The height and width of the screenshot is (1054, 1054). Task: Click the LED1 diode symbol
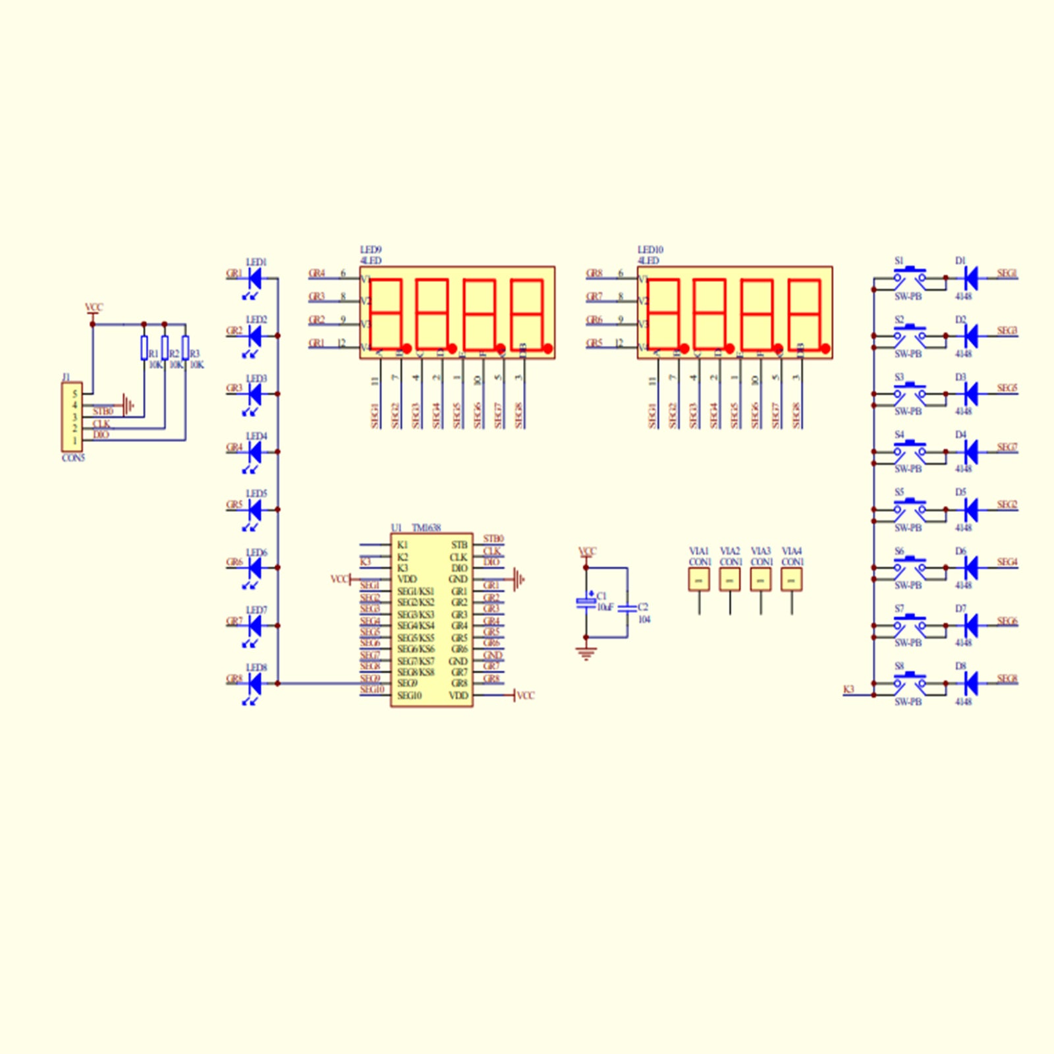(x=254, y=279)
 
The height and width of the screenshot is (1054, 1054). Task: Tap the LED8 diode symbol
(x=254, y=684)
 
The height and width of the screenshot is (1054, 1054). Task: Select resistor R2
(x=165, y=347)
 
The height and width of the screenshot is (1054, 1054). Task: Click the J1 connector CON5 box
(x=72, y=417)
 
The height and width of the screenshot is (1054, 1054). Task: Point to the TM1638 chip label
(x=426, y=528)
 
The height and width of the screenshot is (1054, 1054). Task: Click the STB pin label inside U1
(x=459, y=545)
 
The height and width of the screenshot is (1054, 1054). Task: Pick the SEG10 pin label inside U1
(x=409, y=696)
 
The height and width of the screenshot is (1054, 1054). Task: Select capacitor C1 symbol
(x=586, y=602)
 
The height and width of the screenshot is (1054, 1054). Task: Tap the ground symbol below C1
(x=586, y=653)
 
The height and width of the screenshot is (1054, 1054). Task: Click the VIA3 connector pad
(x=761, y=579)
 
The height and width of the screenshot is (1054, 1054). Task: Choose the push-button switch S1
(x=910, y=277)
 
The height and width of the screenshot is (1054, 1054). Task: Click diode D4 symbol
(x=970, y=452)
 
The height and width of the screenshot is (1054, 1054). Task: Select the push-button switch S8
(x=910, y=682)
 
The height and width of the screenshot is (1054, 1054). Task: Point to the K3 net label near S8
(x=848, y=689)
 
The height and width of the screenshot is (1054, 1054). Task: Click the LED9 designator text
(x=371, y=250)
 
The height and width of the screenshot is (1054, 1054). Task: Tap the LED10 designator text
(x=650, y=250)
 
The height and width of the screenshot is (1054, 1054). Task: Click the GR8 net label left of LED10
(x=594, y=273)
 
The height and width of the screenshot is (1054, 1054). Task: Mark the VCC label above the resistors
(x=94, y=307)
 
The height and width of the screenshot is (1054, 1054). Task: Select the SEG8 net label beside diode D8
(x=1007, y=678)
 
